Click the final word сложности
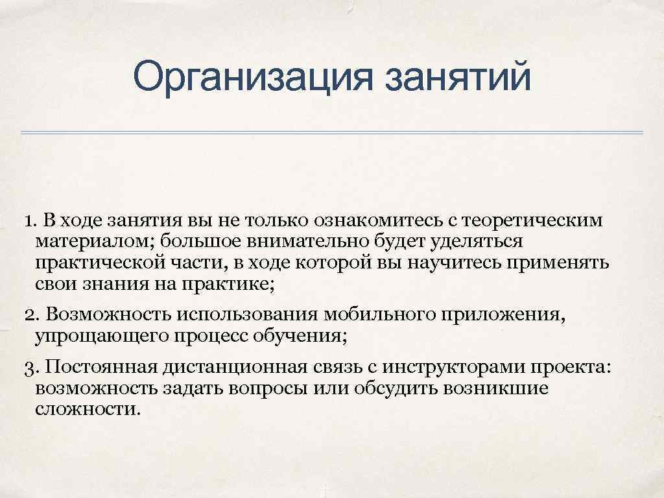88,409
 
